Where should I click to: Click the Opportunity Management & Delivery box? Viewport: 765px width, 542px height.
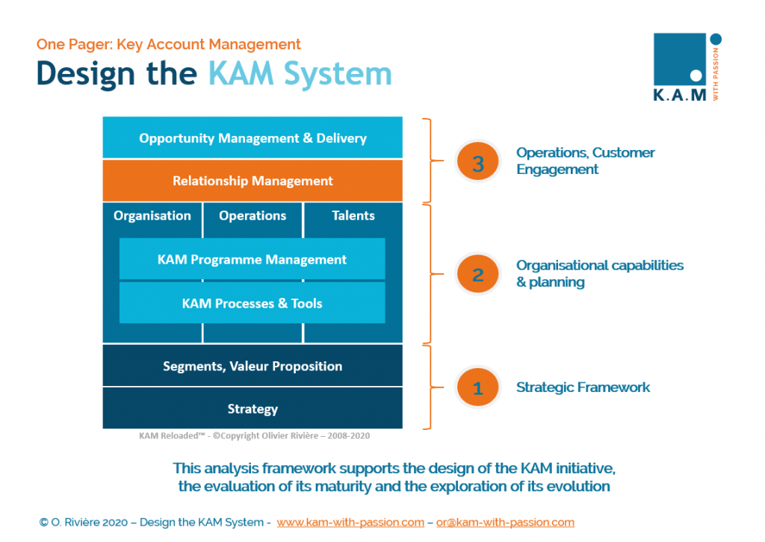coord(253,138)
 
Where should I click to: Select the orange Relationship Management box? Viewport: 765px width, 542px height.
coord(253,181)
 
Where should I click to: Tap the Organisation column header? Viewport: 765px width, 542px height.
coord(152,216)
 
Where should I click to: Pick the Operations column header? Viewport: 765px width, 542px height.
coord(253,216)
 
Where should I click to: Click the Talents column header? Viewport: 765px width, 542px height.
coord(353,216)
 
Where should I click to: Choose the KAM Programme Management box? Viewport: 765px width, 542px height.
coord(252,260)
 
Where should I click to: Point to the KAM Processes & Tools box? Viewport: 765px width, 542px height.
coord(252,303)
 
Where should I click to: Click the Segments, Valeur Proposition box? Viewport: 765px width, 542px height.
coord(253,366)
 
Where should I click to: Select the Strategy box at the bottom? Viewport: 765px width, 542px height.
coord(253,408)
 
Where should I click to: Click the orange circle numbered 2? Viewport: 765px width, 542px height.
coord(478,275)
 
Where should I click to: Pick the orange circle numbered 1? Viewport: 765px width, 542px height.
coord(478,387)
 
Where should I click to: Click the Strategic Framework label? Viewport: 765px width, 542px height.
coord(583,387)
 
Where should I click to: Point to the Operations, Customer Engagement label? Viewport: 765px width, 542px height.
coord(585,161)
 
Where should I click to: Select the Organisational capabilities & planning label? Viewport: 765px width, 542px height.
coord(599,274)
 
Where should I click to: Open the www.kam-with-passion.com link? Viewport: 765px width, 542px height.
coord(350,523)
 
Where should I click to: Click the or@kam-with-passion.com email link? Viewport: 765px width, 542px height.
coord(505,523)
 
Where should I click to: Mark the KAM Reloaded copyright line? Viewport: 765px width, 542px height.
coord(254,436)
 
